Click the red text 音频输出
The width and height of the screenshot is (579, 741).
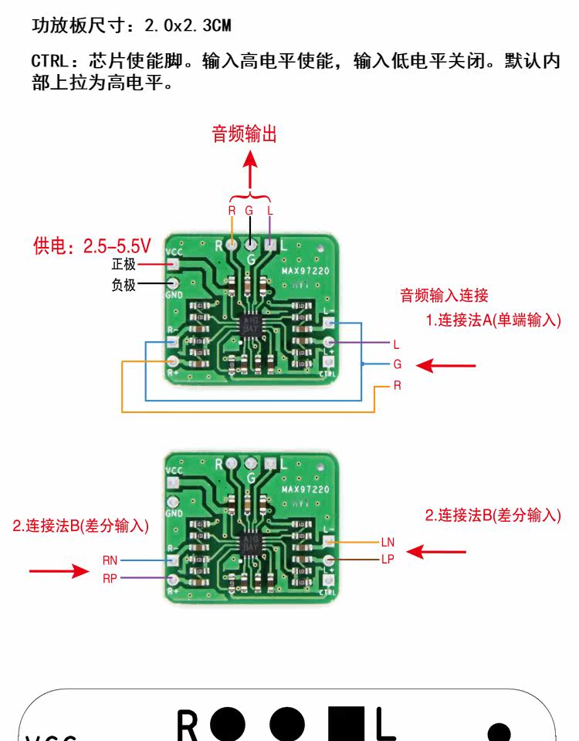coord(245,134)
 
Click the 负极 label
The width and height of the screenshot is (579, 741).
coord(124,286)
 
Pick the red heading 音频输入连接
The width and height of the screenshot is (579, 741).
coord(444,295)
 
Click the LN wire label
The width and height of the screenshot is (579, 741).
coord(388,543)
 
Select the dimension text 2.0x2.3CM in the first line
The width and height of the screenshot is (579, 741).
coord(189,25)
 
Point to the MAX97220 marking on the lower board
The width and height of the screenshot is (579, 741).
coord(305,489)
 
